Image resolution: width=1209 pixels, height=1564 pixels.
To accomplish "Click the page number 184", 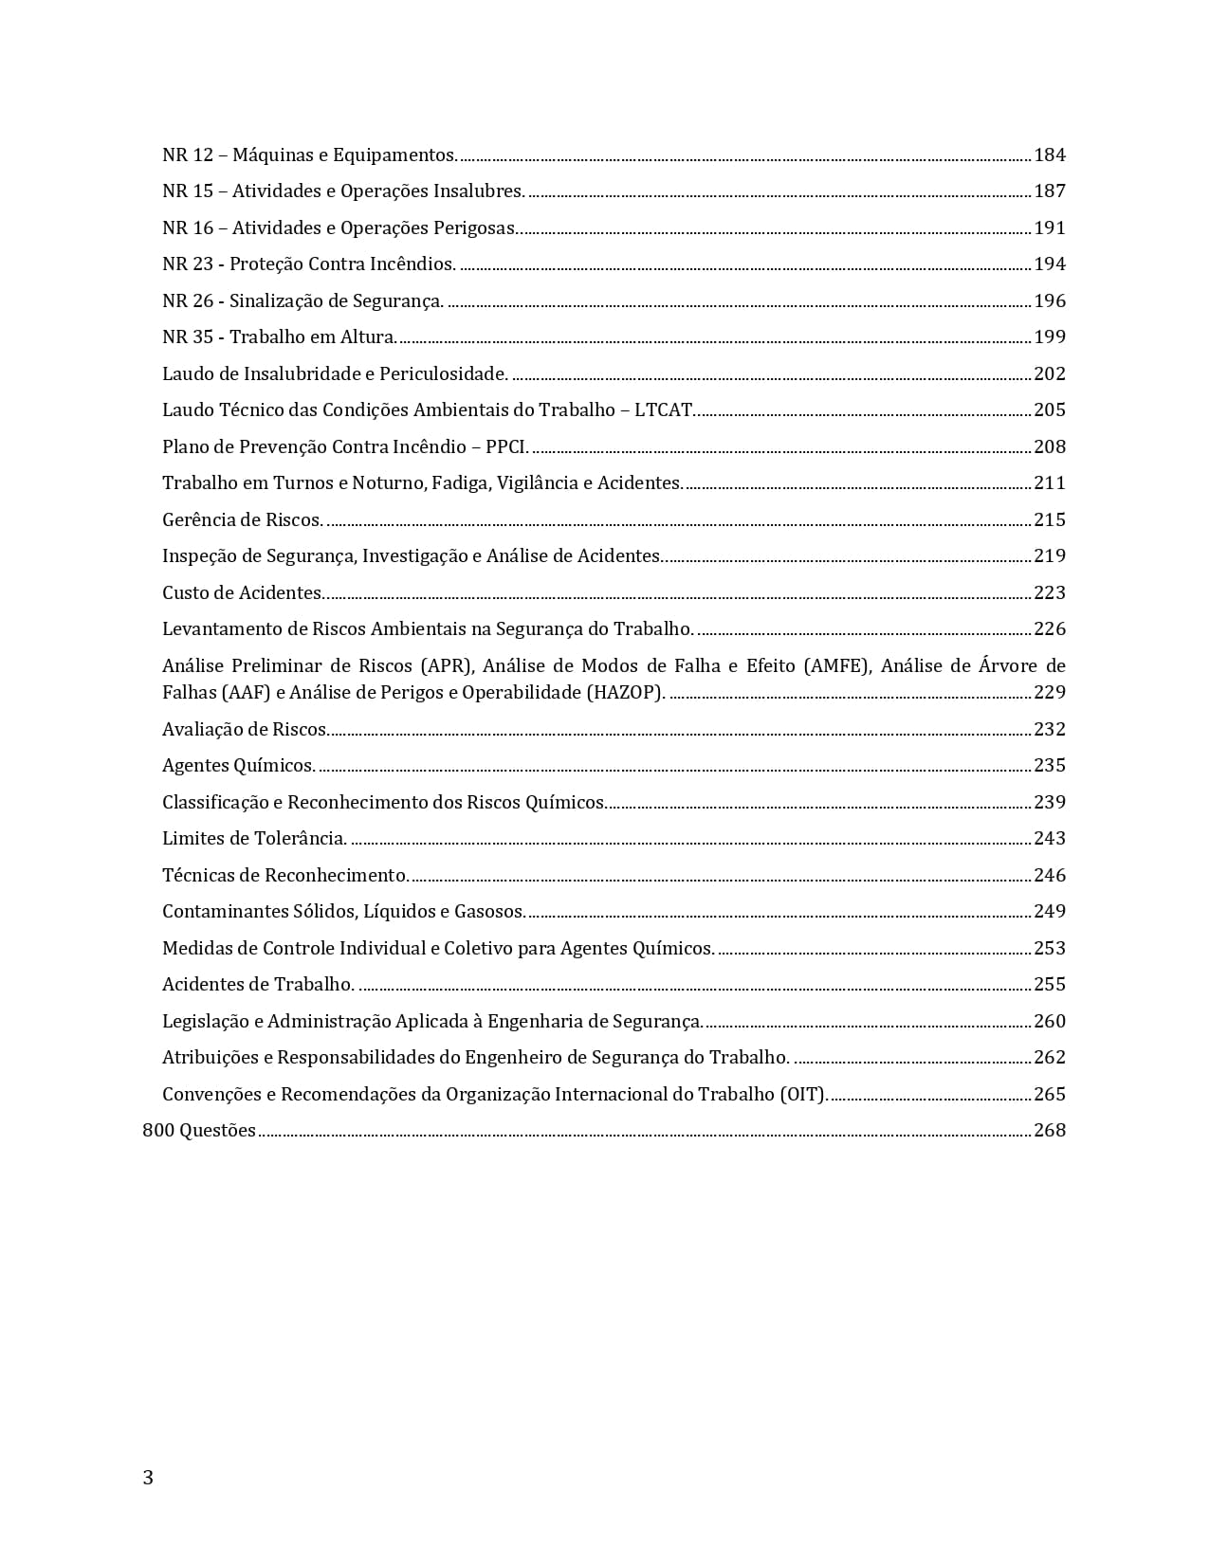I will [x=1050, y=155].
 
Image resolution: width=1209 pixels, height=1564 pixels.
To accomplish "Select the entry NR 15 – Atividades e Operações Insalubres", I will [x=343, y=191].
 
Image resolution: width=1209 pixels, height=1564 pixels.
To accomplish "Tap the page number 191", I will [x=1050, y=227].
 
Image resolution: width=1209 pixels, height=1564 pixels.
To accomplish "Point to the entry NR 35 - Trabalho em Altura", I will [x=280, y=337].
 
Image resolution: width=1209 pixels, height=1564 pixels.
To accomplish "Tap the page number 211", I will [x=1050, y=483].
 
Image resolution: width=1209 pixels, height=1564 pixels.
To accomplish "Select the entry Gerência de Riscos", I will [x=242, y=519].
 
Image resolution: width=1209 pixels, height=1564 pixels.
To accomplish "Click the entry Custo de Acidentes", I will [x=244, y=592].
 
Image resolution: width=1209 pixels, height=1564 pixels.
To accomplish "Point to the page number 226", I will [x=1050, y=629].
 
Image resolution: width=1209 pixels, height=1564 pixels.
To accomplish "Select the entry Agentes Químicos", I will [x=238, y=766].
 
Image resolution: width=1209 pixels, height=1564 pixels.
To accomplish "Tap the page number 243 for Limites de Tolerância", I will [x=1050, y=839].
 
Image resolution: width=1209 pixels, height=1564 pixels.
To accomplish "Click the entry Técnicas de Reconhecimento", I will [x=285, y=875].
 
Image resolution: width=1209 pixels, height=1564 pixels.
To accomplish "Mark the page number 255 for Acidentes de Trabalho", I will [x=1050, y=985].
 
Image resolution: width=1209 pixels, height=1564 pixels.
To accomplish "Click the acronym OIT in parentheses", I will [x=802, y=1094].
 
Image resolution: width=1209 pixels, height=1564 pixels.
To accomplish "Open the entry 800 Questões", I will [x=199, y=1131].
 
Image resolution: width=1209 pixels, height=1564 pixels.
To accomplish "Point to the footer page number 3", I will [x=148, y=1478].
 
